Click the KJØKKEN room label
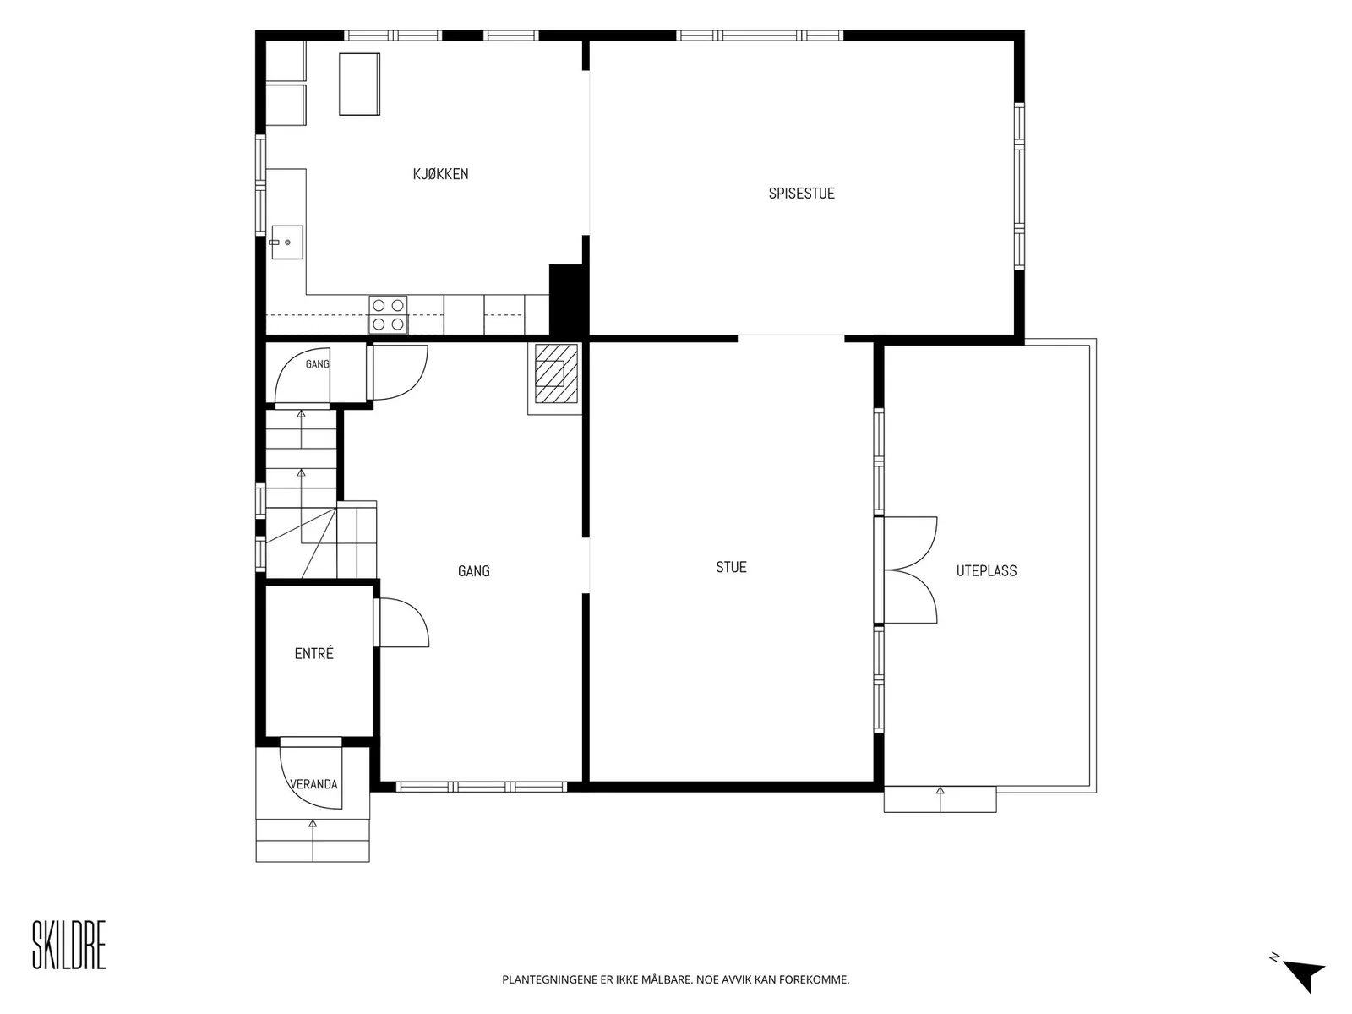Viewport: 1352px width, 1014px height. pos(440,174)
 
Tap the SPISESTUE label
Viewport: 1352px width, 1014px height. pos(801,194)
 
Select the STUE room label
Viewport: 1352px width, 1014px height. pos(731,567)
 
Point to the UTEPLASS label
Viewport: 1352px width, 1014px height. pos(986,570)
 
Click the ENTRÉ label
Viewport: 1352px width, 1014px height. pos(313,653)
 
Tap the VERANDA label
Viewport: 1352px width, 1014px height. pos(313,784)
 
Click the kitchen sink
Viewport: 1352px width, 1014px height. pos(287,242)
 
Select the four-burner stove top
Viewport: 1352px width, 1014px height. pos(388,314)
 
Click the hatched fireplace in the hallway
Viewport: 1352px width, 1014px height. pos(554,378)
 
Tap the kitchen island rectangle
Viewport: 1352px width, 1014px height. pos(359,84)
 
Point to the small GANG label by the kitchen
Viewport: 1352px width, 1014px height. pos(317,364)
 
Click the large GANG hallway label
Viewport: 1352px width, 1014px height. pos(474,571)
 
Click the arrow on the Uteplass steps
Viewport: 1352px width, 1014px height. pos(940,799)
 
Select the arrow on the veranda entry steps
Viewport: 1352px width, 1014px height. pos(313,841)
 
